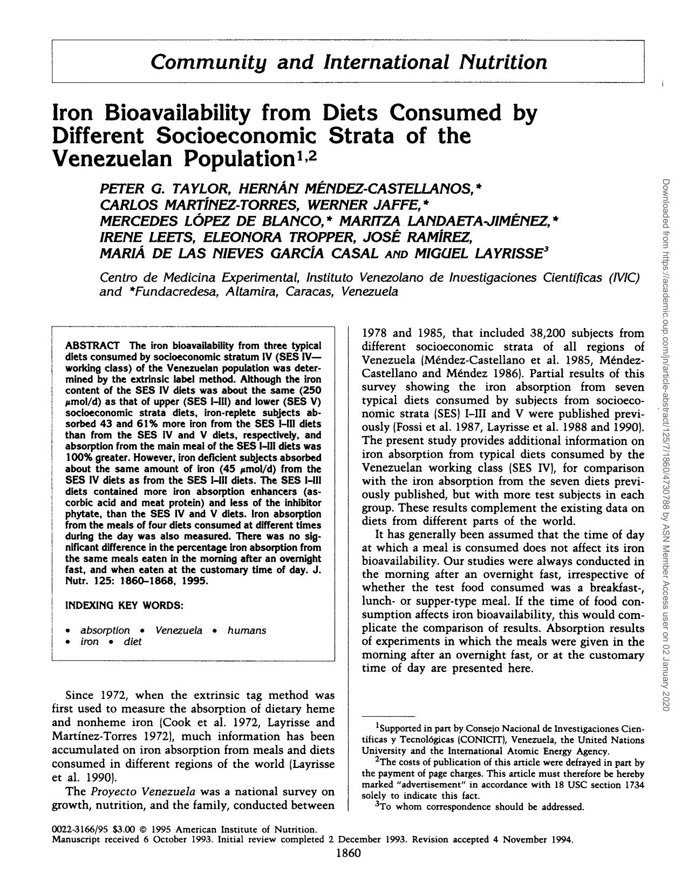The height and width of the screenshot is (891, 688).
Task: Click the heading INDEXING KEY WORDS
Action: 124,606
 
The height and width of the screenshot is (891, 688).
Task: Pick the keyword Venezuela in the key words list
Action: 179,630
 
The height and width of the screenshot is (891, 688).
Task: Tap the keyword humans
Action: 247,630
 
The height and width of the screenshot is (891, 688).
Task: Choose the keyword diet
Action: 132,642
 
